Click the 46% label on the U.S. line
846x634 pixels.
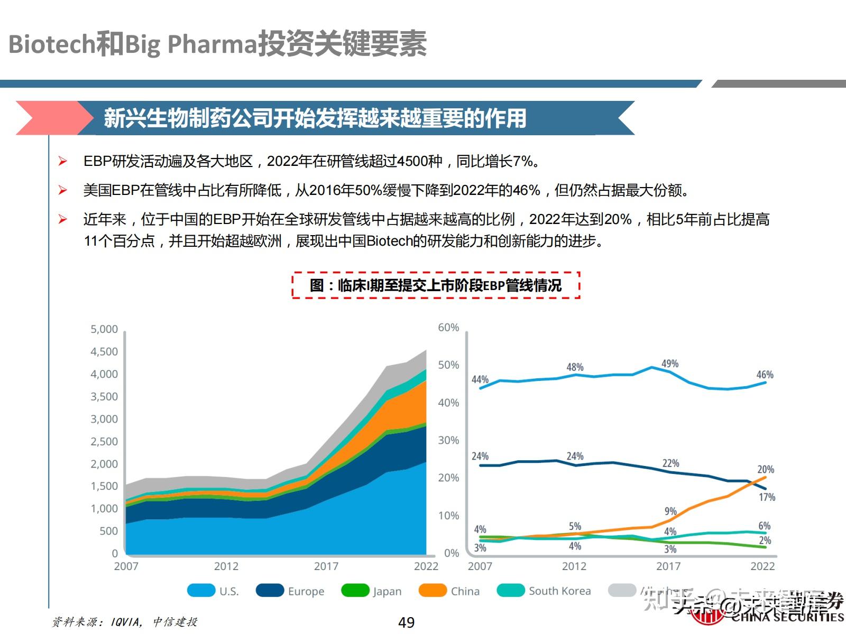point(765,375)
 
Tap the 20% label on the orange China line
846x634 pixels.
point(765,469)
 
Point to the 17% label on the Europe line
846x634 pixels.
point(767,497)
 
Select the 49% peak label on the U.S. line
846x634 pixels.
point(669,363)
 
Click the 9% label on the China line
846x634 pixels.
point(670,511)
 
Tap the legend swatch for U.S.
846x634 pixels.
point(201,590)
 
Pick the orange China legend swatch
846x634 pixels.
point(432,590)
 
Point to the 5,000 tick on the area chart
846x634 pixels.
point(104,329)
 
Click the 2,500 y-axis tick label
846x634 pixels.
point(104,441)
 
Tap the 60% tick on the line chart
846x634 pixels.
point(448,328)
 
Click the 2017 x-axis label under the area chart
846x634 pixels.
point(326,566)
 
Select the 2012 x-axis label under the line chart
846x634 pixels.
point(574,566)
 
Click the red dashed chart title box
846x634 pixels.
point(436,285)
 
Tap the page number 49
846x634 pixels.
point(406,622)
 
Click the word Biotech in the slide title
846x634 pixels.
point(51,44)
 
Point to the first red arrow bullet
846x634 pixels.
point(63,161)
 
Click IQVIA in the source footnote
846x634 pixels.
point(126,622)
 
